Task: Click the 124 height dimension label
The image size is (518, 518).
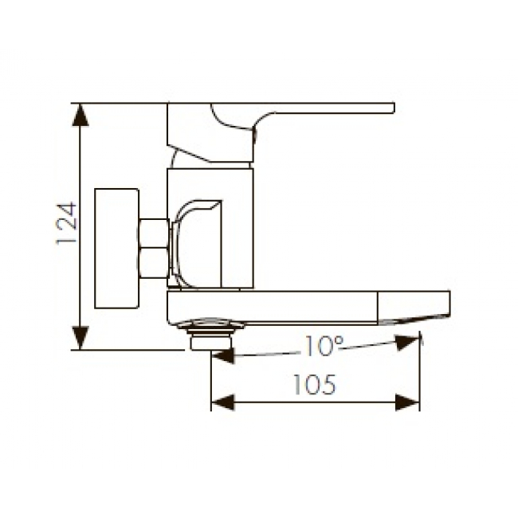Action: coord(66,224)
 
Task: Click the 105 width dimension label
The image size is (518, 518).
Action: coord(314,385)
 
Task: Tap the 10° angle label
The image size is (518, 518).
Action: coord(324,346)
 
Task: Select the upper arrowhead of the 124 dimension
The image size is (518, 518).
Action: coord(80,115)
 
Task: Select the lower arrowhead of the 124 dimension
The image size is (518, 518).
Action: coord(80,338)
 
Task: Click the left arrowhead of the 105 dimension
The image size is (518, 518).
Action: coord(223,402)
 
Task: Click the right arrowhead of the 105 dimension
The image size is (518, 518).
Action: coord(407,402)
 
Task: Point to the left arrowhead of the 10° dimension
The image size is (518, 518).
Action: coord(223,355)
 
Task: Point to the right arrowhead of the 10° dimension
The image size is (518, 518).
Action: coord(407,343)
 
